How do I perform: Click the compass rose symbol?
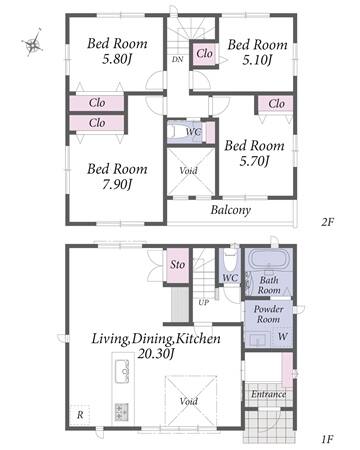(x=32, y=43)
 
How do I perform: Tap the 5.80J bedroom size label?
(x=117, y=60)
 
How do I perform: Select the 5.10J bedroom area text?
(x=257, y=60)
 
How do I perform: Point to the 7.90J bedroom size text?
(x=117, y=184)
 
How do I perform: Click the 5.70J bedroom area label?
(x=254, y=161)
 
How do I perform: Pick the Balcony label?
(x=231, y=210)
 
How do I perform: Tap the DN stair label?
(x=177, y=60)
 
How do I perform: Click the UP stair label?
(x=204, y=302)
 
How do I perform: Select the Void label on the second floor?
(x=188, y=171)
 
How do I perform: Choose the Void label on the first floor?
(x=189, y=401)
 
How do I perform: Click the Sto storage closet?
(x=178, y=266)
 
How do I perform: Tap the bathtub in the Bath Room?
(x=268, y=259)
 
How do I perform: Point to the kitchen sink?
(x=122, y=371)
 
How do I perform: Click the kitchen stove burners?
(x=122, y=412)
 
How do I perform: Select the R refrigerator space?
(x=80, y=415)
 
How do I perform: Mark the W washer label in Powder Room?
(x=282, y=336)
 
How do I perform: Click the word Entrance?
(x=268, y=394)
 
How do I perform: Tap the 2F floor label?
(x=327, y=222)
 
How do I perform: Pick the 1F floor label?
(x=327, y=439)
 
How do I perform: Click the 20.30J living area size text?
(x=156, y=354)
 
